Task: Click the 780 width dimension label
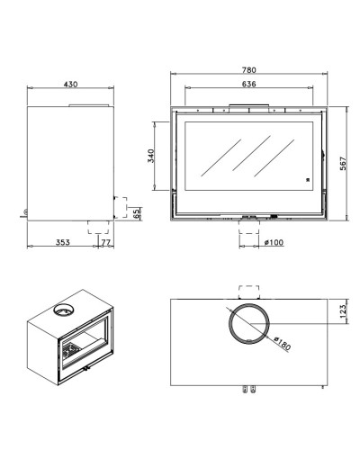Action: [x=249, y=70]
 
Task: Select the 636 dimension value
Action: [x=249, y=84]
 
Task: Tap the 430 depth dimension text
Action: [x=70, y=85]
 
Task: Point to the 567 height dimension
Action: [x=343, y=163]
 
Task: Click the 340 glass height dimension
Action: [x=151, y=156]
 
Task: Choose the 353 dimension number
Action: [x=63, y=242]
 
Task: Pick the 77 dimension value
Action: [x=105, y=242]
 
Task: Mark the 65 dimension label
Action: [x=137, y=213]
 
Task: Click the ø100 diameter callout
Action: [x=274, y=242]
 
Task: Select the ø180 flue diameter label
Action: [x=283, y=344]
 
